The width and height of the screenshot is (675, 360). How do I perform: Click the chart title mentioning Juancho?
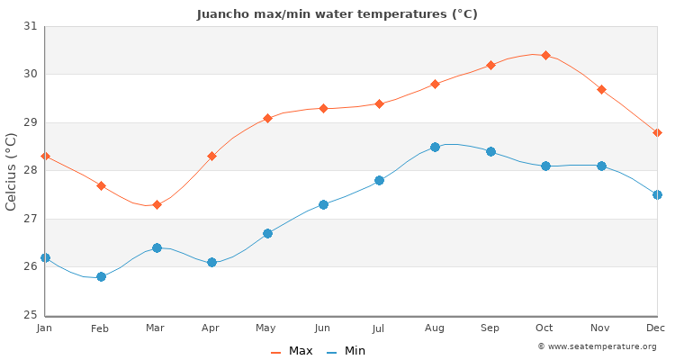[x=337, y=14]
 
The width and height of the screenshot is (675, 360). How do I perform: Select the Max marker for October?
[x=545, y=55]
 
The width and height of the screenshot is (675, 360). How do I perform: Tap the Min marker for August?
[x=435, y=147]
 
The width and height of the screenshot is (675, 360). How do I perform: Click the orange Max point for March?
[x=157, y=204]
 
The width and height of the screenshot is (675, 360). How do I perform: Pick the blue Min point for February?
[x=101, y=276]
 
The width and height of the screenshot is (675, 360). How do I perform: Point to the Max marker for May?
[x=267, y=118]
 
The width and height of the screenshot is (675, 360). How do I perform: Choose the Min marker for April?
[x=211, y=262]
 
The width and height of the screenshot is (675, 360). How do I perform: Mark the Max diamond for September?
[x=490, y=65]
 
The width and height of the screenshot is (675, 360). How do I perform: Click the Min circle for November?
[x=601, y=166]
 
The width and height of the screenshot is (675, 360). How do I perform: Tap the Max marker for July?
[x=379, y=103]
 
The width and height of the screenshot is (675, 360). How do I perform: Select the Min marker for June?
[x=323, y=204]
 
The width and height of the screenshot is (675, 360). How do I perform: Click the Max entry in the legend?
[x=292, y=351]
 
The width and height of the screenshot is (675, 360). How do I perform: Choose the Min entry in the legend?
[x=346, y=351]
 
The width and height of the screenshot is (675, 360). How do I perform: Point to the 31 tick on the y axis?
[x=31, y=26]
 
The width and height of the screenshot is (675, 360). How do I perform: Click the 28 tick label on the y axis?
[x=31, y=170]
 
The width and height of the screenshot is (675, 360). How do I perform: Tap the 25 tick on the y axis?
[x=31, y=315]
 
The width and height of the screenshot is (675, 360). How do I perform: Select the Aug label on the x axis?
[x=435, y=328]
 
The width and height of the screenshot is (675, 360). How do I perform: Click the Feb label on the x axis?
[x=101, y=328]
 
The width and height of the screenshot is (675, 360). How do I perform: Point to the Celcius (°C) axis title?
[x=12, y=171]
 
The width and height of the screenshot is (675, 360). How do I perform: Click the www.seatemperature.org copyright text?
[x=597, y=346]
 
